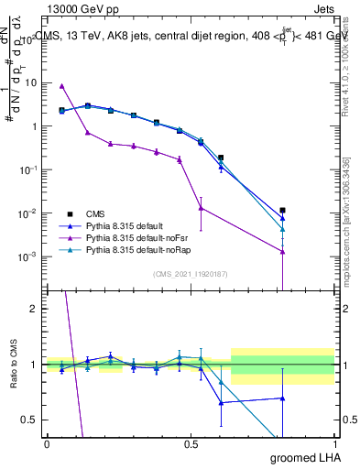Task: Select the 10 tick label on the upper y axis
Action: click(30, 82)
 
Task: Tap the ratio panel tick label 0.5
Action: click(30, 420)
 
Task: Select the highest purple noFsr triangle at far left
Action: click(61, 86)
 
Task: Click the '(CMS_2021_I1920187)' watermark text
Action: click(190, 274)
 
